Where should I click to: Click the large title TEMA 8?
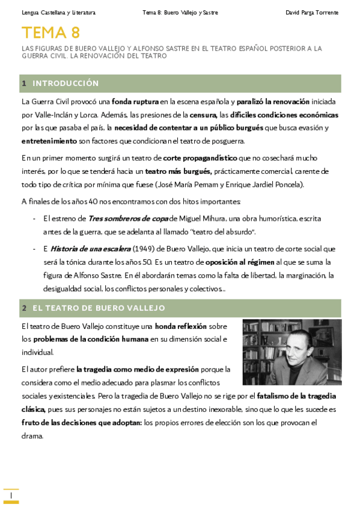pos(50,32)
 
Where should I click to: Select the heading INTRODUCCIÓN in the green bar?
pos(66,84)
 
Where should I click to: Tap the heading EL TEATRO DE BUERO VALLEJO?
pos(98,308)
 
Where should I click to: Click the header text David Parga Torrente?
pos(311,13)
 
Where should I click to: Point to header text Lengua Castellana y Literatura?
pos(58,13)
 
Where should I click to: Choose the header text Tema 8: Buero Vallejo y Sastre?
pos(180,13)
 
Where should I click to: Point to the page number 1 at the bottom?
pos(11,494)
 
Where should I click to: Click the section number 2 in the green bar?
pos(24,308)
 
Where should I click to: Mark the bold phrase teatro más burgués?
pos(178,171)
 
